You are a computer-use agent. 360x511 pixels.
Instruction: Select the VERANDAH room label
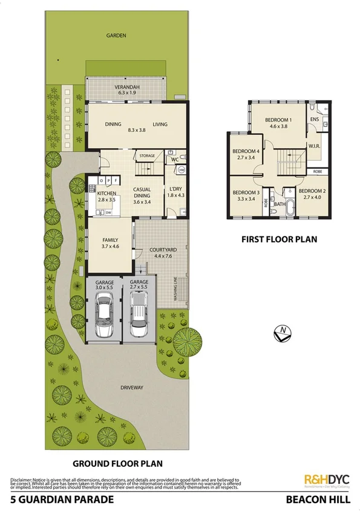128,87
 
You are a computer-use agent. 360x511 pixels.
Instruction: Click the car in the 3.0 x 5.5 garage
104,314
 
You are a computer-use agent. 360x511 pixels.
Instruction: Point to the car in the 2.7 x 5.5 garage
139,314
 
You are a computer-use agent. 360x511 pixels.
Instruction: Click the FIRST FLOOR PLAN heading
279,239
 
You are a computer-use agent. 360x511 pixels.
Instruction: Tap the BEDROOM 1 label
278,120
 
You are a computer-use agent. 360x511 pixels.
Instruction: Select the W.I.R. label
314,146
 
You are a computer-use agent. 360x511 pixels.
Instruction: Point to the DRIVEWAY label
131,388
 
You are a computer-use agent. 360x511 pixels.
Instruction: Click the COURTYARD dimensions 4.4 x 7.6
163,256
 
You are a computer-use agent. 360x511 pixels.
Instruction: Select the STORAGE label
148,156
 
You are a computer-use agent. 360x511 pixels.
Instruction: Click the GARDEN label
116,36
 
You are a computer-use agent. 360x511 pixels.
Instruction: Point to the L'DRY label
175,189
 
